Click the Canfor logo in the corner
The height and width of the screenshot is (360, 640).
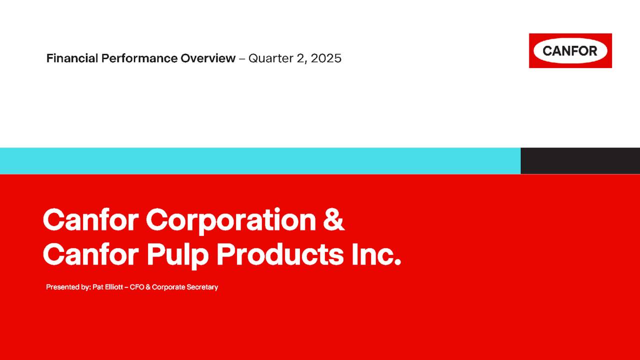point(570,50)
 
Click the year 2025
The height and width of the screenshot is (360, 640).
point(326,58)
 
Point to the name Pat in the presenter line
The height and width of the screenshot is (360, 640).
point(97,287)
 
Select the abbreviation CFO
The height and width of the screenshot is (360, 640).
point(136,287)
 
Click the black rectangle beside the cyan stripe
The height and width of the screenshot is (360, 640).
point(580,160)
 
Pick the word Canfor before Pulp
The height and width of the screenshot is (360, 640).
point(90,255)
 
